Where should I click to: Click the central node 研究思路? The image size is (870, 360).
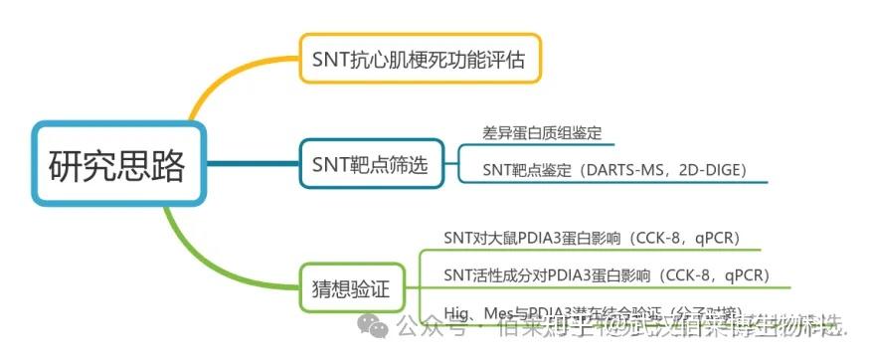pos(116,165)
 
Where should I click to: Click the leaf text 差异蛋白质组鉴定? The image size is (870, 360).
pos(541,132)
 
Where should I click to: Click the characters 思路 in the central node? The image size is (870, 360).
pos(151,165)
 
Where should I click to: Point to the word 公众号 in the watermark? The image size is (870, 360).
pos(424,325)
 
